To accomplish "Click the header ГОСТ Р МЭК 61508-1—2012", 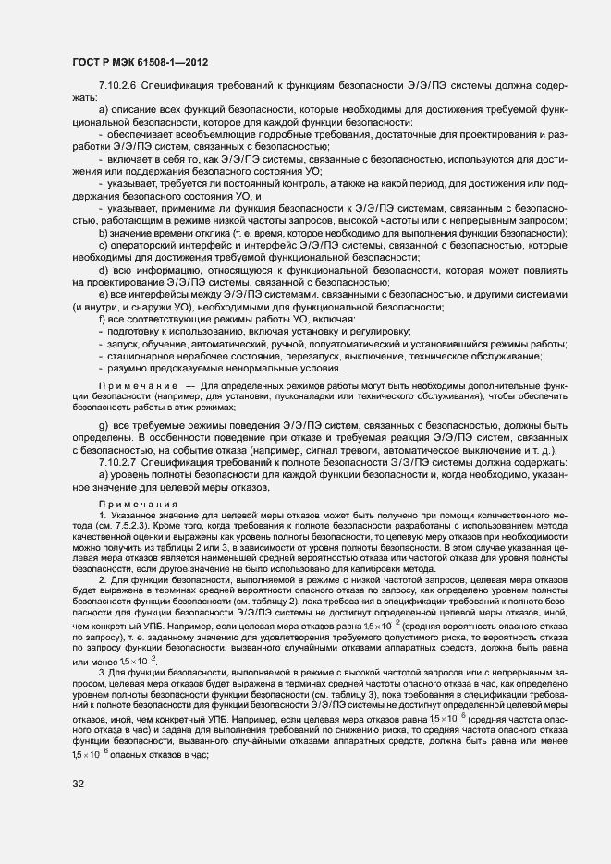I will pos(139,63).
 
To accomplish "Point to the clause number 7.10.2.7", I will pos(116,460).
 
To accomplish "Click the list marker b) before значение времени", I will pos(102,233).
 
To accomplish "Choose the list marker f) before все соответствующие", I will pos(101,319).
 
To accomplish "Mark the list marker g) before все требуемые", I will pos(102,424).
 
